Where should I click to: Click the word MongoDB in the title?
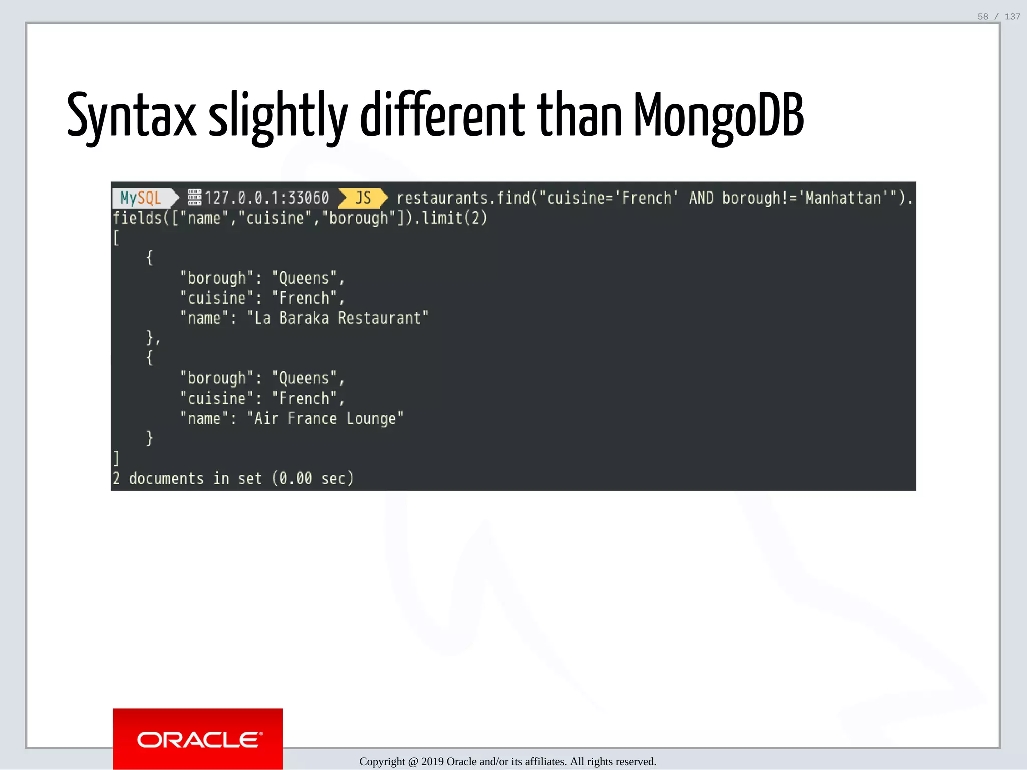click(x=718, y=116)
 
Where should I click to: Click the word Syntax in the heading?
click(x=131, y=116)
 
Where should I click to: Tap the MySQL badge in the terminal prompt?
click(x=141, y=198)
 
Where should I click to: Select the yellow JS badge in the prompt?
click(x=363, y=198)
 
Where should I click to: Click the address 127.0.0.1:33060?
click(x=266, y=198)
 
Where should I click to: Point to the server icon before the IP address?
click(x=194, y=198)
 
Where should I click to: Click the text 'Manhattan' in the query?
click(x=842, y=198)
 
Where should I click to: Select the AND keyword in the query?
click(x=701, y=198)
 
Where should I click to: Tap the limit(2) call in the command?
click(x=454, y=218)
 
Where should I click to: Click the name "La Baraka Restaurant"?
click(x=337, y=318)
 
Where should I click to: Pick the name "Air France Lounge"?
click(x=325, y=419)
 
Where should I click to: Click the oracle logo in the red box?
click(x=199, y=740)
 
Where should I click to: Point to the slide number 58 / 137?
click(x=998, y=17)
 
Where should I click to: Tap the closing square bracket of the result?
click(x=116, y=458)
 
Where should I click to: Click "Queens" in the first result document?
click(x=304, y=278)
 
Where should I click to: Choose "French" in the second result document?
click(x=304, y=399)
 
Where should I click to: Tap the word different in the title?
click(x=442, y=116)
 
